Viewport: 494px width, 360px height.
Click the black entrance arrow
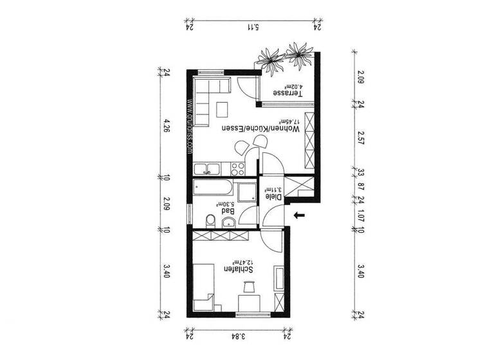point(298,216)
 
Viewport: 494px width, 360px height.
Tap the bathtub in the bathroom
point(212,190)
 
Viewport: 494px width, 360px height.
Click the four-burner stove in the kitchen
point(237,169)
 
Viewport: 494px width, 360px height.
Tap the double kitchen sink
point(208,170)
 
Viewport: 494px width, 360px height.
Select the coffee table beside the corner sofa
point(223,108)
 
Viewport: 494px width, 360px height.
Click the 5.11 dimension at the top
point(253,27)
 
